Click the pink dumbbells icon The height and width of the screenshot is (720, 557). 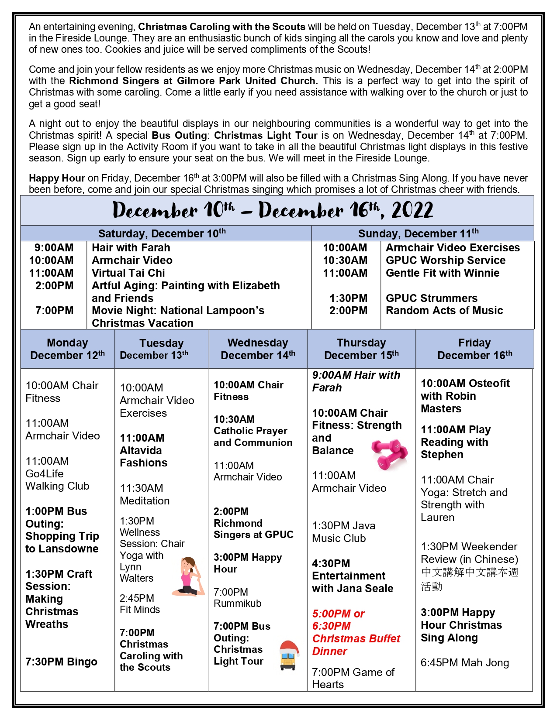[x=390, y=454]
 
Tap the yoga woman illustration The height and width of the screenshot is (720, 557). [x=189, y=576]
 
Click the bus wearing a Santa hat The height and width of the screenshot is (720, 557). [x=288, y=655]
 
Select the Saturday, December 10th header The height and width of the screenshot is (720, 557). [x=162, y=233]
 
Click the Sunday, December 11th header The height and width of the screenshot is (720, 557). [x=418, y=233]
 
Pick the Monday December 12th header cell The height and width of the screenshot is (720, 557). [x=67, y=349]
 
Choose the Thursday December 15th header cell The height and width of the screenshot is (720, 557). [x=361, y=349]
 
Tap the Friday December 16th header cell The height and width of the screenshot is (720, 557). [x=474, y=349]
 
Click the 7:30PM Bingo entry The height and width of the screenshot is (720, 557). [x=61, y=662]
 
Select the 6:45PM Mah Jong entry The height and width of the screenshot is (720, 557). [x=464, y=663]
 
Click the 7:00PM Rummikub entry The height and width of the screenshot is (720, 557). [x=237, y=598]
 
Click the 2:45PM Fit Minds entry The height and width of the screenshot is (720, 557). [x=140, y=604]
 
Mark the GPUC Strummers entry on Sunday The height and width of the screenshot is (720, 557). [x=431, y=298]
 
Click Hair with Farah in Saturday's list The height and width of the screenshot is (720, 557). [x=131, y=248]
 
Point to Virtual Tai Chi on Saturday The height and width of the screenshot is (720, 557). [x=128, y=273]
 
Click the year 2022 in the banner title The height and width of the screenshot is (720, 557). [x=412, y=211]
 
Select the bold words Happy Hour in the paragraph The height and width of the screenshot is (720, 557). [x=57, y=178]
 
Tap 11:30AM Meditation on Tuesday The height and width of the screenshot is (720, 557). [x=145, y=494]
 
